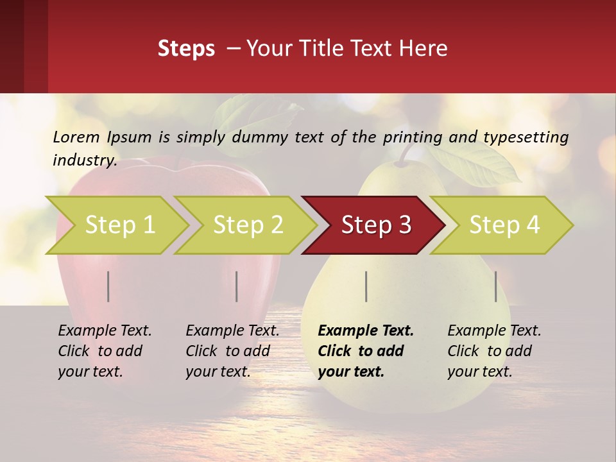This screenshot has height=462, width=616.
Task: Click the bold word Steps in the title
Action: [186, 48]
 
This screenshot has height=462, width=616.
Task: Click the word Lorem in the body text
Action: [76, 137]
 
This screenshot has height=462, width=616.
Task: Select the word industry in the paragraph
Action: [85, 160]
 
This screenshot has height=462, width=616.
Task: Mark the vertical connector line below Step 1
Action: [108, 286]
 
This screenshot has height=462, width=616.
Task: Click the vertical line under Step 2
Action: [237, 286]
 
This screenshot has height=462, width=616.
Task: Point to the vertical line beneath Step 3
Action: [366, 286]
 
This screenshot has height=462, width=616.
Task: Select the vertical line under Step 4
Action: [495, 286]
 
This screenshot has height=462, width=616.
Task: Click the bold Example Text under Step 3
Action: [366, 331]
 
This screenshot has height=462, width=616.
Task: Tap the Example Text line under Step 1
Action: [105, 331]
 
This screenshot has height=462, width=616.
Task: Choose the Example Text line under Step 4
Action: [494, 331]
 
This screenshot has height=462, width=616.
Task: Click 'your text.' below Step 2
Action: [218, 372]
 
